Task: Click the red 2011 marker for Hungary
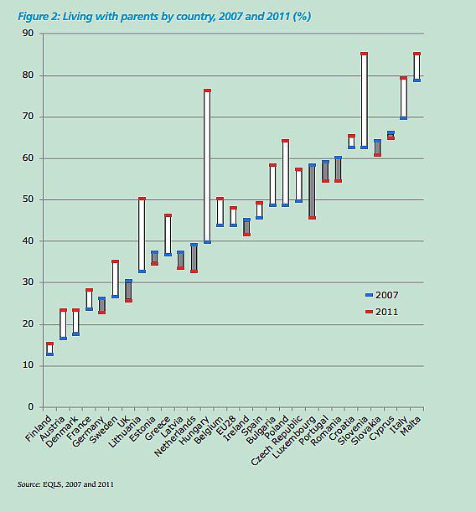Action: [x=207, y=91]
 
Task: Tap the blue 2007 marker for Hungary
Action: [x=207, y=242]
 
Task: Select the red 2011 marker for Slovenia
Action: [x=365, y=54]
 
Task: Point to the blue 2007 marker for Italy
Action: [x=404, y=118]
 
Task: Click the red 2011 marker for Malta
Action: [x=416, y=54]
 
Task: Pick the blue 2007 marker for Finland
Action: [x=50, y=354]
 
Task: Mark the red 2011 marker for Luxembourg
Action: [x=312, y=218]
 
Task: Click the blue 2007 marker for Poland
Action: [x=285, y=205]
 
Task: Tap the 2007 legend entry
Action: [x=382, y=295]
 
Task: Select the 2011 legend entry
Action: [x=382, y=312]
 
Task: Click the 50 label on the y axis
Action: [x=28, y=199]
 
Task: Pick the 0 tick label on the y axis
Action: [x=31, y=406]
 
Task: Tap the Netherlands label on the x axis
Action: [x=175, y=437]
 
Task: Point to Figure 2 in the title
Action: [x=39, y=16]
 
